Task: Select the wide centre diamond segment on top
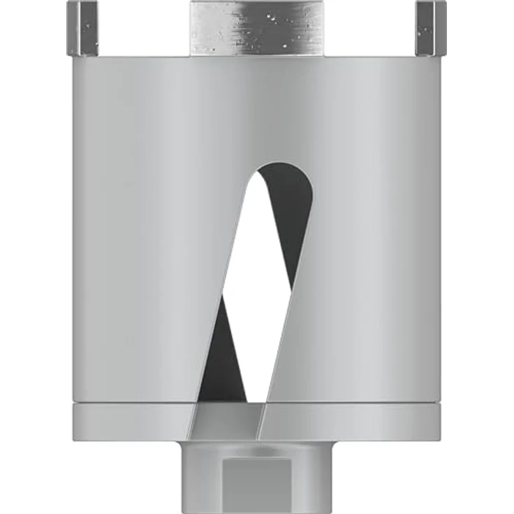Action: click(256, 27)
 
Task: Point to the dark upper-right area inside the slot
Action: click(293, 210)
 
